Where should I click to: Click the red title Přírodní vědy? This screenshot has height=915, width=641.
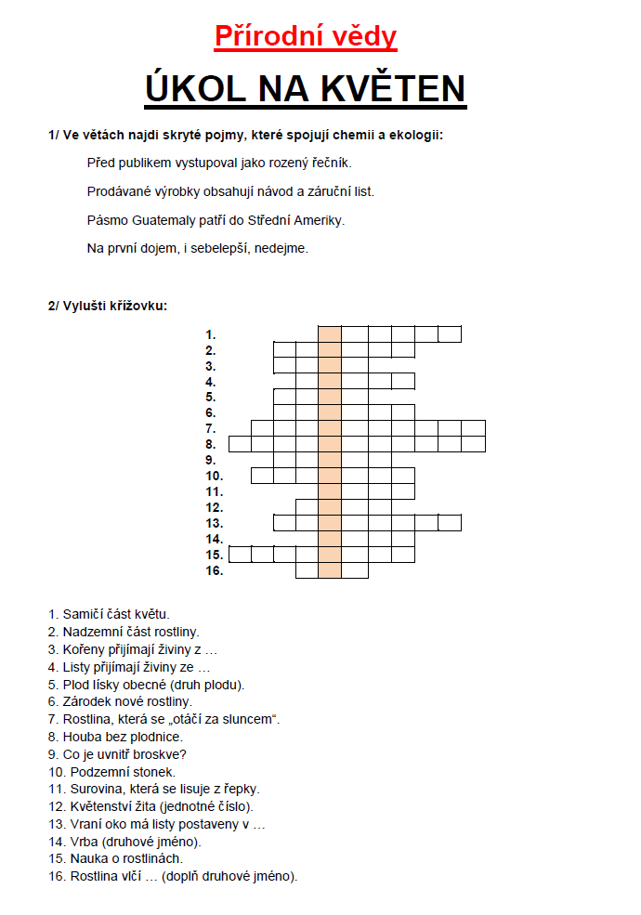(x=306, y=36)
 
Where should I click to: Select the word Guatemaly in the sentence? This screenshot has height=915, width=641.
(x=177, y=220)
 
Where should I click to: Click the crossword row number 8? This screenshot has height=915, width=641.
(x=211, y=444)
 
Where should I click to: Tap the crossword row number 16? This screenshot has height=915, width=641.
(x=214, y=570)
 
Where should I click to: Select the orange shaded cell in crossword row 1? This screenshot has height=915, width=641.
(x=330, y=334)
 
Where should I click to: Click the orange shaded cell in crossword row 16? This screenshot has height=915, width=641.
(x=330, y=570)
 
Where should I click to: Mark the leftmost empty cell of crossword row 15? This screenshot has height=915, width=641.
(x=240, y=555)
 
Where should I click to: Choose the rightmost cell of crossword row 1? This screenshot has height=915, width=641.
(x=450, y=334)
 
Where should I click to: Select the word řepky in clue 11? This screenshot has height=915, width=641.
(x=240, y=789)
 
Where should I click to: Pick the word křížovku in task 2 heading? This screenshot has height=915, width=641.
(x=140, y=306)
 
